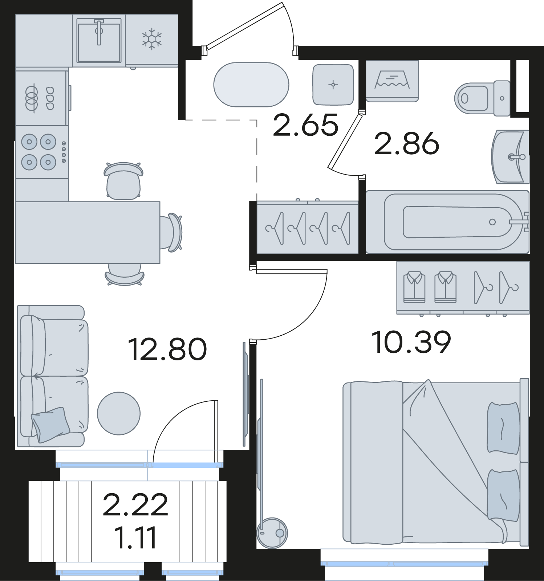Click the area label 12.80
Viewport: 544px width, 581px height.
pyautogui.click(x=167, y=349)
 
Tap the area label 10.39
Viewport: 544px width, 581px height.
pyautogui.click(x=411, y=342)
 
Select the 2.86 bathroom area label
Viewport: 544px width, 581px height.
pyautogui.click(x=407, y=143)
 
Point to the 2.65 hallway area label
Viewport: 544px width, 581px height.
pyautogui.click(x=306, y=125)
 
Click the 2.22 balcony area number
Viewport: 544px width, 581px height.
pyautogui.click(x=135, y=504)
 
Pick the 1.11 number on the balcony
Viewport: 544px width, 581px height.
pyautogui.click(x=135, y=537)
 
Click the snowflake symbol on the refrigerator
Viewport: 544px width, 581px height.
pyautogui.click(x=152, y=39)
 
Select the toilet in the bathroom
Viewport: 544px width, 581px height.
pyautogui.click(x=482, y=98)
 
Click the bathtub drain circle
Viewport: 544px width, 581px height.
pyautogui.click(x=492, y=222)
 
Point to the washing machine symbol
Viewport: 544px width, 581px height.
pyautogui.click(x=392, y=81)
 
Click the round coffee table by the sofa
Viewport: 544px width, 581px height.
pyautogui.click(x=119, y=413)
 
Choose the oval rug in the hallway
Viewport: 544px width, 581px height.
pyautogui.click(x=251, y=85)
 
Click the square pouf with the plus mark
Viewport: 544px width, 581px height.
pyautogui.click(x=333, y=85)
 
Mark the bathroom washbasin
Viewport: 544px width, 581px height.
pyautogui.click(x=510, y=157)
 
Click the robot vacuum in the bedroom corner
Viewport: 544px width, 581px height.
pyautogui.click(x=272, y=533)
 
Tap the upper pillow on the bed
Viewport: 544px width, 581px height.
pyautogui.click(x=503, y=428)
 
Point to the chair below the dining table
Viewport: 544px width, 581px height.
pyautogui.click(x=125, y=274)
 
